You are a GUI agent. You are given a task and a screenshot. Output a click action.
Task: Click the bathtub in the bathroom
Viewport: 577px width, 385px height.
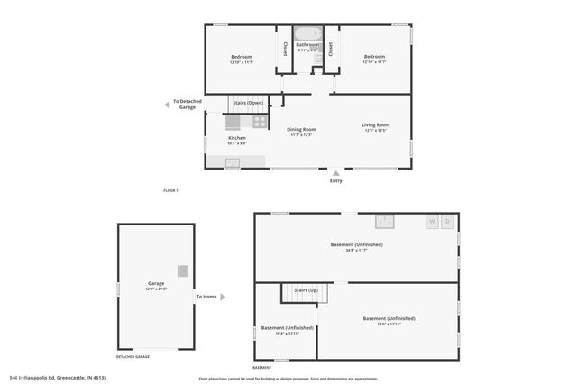click(x=308, y=33)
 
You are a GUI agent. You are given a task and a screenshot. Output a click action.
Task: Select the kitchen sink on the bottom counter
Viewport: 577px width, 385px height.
click(x=233, y=162)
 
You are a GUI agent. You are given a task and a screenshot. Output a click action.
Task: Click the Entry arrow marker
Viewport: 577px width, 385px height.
click(x=336, y=172)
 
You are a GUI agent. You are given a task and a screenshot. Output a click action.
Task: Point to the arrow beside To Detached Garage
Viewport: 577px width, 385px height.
click(x=166, y=105)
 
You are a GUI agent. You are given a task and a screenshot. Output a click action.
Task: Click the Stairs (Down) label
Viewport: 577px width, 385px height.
click(x=248, y=103)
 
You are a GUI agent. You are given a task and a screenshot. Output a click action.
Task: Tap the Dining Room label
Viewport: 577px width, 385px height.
click(x=300, y=129)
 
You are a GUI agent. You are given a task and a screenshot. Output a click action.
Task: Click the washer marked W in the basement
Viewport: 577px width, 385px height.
click(x=432, y=221)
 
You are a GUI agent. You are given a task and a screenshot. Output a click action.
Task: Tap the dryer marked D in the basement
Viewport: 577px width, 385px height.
click(x=448, y=221)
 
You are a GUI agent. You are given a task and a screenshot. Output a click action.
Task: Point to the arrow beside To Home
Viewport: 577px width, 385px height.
click(x=223, y=297)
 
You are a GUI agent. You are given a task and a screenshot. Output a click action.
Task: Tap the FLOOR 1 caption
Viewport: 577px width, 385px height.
click(x=170, y=190)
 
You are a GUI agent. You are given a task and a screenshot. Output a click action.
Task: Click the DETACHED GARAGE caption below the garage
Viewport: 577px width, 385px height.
click(x=133, y=357)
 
